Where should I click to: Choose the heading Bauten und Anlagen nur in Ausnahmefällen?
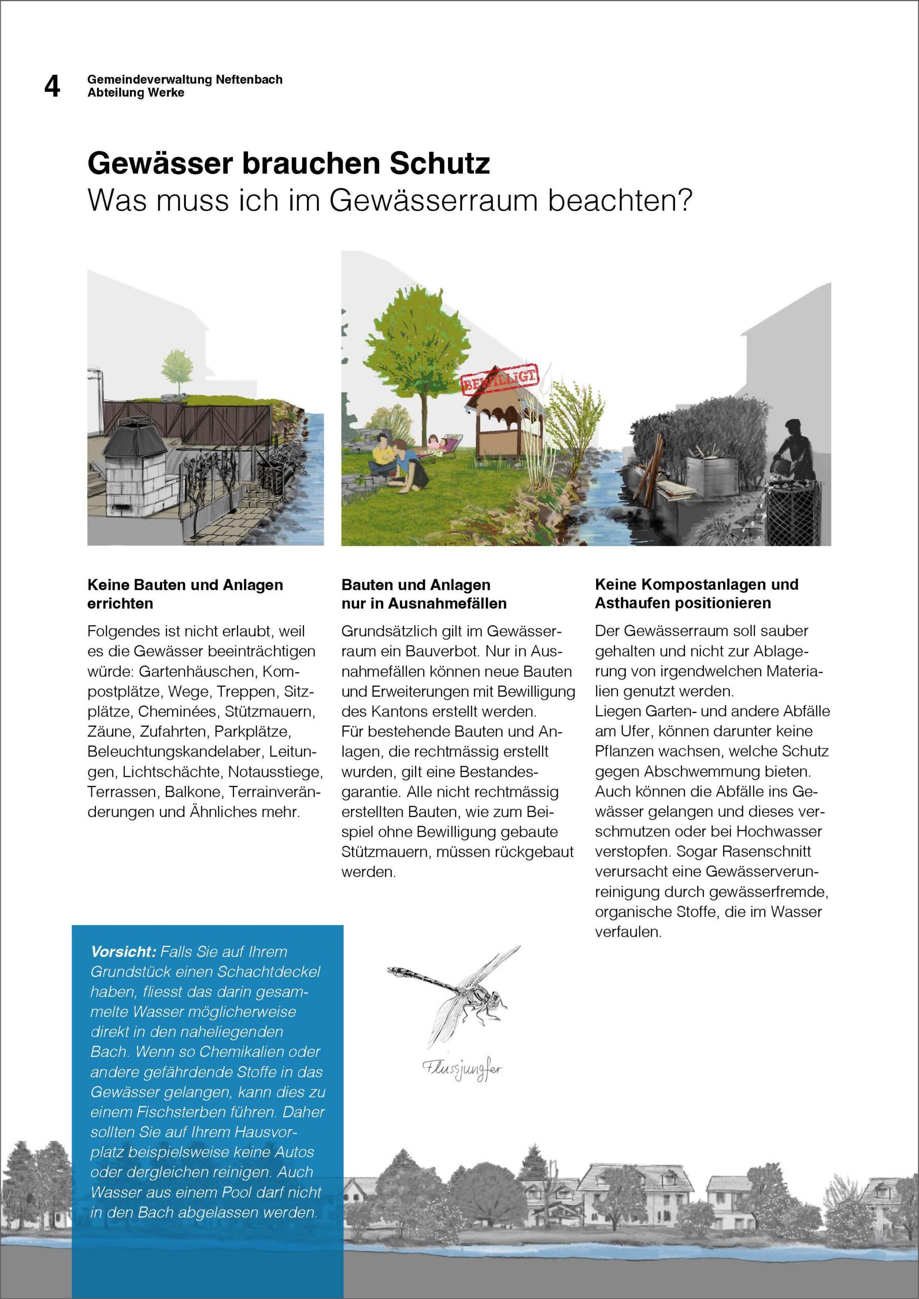[x=423, y=594]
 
